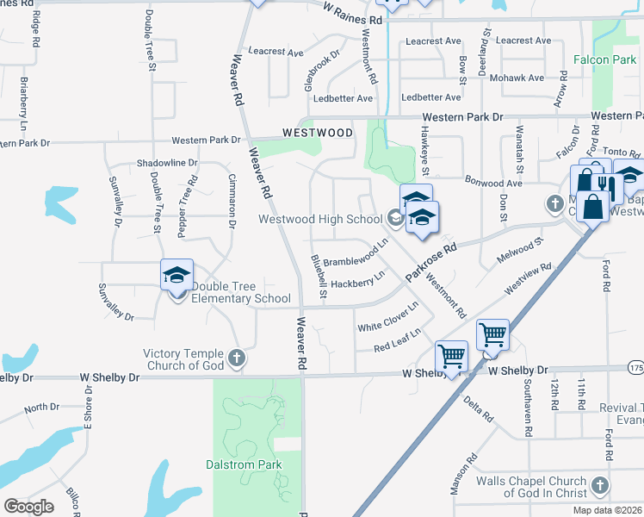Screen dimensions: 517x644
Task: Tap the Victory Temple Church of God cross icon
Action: tap(238, 357)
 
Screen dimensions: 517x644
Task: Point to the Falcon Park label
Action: tap(605, 60)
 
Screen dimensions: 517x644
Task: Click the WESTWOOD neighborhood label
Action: tap(318, 134)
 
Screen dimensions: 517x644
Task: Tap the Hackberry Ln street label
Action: tap(357, 281)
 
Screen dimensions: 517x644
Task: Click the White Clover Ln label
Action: tap(388, 316)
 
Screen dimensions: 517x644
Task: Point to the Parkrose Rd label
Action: tap(430, 263)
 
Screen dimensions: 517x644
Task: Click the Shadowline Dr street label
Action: tap(167, 163)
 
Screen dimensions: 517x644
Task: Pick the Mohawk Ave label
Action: tap(517, 78)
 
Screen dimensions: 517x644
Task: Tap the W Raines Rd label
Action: tap(352, 11)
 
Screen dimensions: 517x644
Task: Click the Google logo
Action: tap(28, 507)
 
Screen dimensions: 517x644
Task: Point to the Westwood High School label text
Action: tap(320, 219)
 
